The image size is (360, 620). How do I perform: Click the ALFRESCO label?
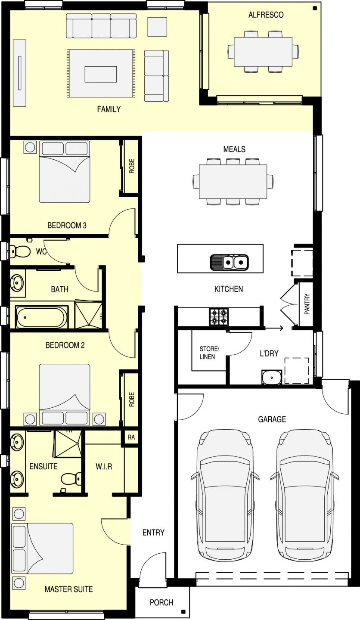tap(266, 15)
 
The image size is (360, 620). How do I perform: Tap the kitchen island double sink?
tap(229, 262)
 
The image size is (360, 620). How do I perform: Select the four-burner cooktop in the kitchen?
tap(219, 317)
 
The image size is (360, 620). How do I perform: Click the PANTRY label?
tap(307, 304)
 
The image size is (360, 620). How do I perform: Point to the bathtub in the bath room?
tap(42, 317)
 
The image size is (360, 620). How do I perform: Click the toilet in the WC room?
tap(20, 251)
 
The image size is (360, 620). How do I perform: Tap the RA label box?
tap(131, 437)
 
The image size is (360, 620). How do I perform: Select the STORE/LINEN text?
tap(209, 353)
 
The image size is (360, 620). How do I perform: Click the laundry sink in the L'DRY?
tap(272, 377)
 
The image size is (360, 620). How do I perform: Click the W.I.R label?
tap(104, 467)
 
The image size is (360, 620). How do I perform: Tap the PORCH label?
tap(161, 602)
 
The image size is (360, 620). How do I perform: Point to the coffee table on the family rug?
tap(100, 74)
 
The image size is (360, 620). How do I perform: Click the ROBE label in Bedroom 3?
tap(131, 166)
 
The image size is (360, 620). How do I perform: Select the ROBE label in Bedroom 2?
tap(131, 400)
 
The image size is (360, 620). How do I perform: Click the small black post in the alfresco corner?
tap(315, 8)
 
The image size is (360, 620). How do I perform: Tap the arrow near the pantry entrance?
tap(273, 328)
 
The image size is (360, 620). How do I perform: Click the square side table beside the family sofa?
tap(157, 27)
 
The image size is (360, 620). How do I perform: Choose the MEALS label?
tap(234, 149)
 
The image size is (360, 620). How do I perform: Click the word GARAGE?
tap(272, 419)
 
